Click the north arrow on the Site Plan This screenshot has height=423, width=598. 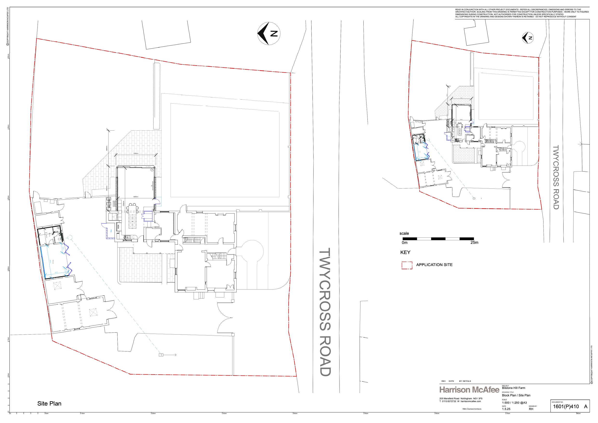pyautogui.click(x=269, y=34)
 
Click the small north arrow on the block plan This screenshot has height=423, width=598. pyautogui.click(x=528, y=38)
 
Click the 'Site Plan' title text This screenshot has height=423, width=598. pyautogui.click(x=49, y=403)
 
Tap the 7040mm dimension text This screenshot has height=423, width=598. pyautogui.click(x=136, y=154)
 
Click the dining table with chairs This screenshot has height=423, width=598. pyautogui.click(x=132, y=216)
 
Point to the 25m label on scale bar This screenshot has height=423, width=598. pyautogui.click(x=474, y=242)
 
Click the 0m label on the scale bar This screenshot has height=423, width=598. pyautogui.click(x=404, y=242)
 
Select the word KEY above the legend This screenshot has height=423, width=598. pyautogui.click(x=405, y=252)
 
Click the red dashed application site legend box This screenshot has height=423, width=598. pyautogui.click(x=407, y=265)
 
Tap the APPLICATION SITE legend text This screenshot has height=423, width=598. pyautogui.click(x=434, y=265)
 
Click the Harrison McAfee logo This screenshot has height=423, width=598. pyautogui.click(x=469, y=390)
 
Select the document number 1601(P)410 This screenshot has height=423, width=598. pyautogui.click(x=566, y=407)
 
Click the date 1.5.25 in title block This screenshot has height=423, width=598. pyautogui.click(x=506, y=409)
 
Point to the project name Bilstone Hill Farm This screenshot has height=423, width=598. pyautogui.click(x=513, y=388)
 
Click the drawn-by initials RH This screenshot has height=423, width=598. pyautogui.click(x=531, y=409)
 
